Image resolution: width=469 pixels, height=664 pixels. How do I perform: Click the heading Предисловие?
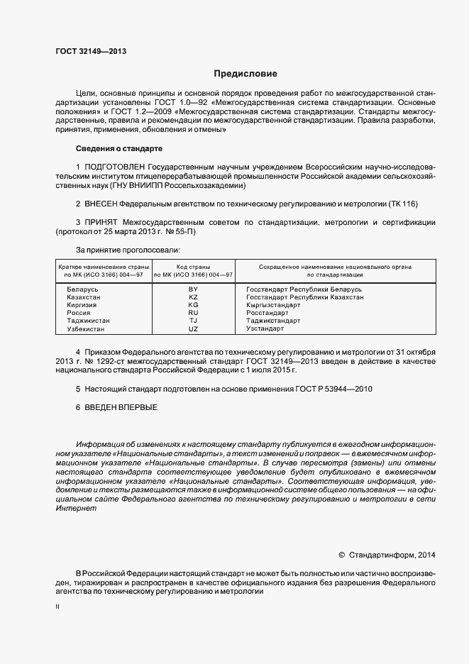tap(246, 74)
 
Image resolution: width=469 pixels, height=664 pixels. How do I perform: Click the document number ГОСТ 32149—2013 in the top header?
tap(91, 51)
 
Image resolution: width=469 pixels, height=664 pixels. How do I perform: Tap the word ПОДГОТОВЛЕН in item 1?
tap(117, 167)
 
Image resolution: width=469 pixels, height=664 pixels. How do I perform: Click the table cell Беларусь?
tap(82, 289)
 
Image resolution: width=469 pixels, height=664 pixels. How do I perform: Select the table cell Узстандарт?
tap(265, 328)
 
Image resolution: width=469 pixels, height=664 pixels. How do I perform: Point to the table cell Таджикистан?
tap(88, 321)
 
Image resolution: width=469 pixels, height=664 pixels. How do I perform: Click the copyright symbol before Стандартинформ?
tap(342, 554)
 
